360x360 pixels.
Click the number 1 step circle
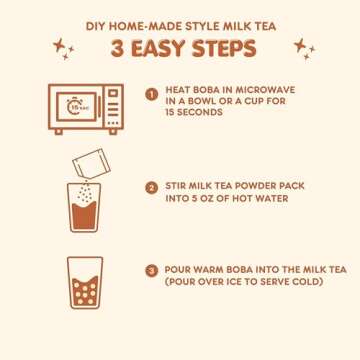(x=151, y=93)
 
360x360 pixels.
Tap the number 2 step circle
(x=151, y=186)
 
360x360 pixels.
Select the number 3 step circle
(x=151, y=269)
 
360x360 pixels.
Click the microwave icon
(x=86, y=108)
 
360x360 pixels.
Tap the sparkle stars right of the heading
(x=302, y=48)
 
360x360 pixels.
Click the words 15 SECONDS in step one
(x=194, y=113)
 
